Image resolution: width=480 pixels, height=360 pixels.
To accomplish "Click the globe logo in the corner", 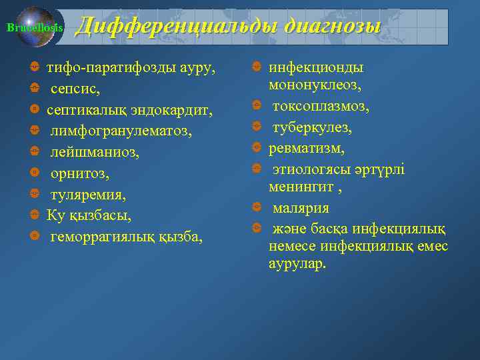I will pyautogui.click(x=36, y=27).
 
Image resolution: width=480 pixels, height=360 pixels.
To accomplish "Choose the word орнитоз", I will pyautogui.click(x=79, y=173).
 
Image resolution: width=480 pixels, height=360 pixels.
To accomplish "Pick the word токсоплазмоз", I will pyautogui.click(x=321, y=107).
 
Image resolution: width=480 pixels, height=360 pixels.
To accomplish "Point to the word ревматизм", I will pyautogui.click(x=304, y=147).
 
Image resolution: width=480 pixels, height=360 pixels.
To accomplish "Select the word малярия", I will pyautogui.click(x=301, y=209).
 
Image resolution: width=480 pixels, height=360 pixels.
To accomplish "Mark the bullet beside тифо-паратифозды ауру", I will pyautogui.click(x=34, y=67).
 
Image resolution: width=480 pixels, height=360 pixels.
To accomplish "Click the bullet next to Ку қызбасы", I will pyautogui.click(x=34, y=215).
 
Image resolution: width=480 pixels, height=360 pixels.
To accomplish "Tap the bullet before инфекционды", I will pyautogui.click(x=256, y=67).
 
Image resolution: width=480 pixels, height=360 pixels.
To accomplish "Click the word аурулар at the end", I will pyautogui.click(x=298, y=263).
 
